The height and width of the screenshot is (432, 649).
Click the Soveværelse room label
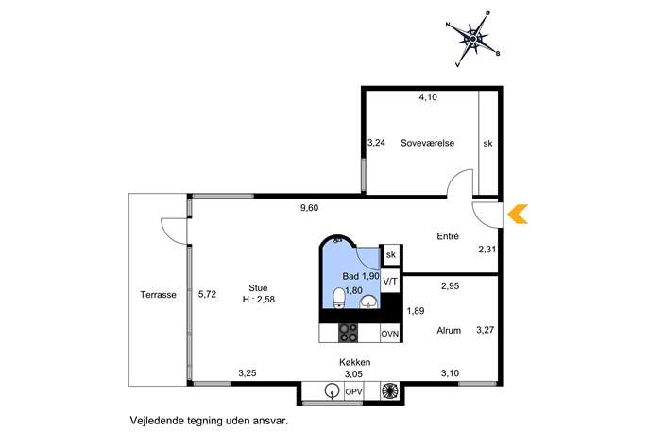click(427, 143)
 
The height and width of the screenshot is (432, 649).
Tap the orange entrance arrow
click(517, 215)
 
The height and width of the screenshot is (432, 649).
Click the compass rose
click(472, 39)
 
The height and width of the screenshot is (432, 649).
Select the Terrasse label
click(158, 295)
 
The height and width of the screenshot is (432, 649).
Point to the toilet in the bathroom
click(339, 298)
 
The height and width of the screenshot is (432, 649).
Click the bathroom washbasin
click(368, 302)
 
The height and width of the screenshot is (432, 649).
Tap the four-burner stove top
click(348, 333)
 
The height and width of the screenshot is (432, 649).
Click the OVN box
click(390, 334)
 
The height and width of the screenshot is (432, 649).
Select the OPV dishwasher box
click(354, 391)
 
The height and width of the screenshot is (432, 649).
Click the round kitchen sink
click(331, 390)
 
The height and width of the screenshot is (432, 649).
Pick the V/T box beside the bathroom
click(390, 282)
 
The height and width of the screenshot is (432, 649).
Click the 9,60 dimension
click(309, 208)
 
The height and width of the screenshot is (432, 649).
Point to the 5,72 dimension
click(207, 295)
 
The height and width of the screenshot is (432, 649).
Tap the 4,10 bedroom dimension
click(428, 97)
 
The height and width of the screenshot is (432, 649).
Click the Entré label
click(448, 236)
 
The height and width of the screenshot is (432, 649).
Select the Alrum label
click(449, 331)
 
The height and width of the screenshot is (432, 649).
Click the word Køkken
click(354, 362)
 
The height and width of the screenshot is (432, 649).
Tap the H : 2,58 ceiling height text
click(259, 300)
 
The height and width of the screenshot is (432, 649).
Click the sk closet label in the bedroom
click(488, 144)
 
